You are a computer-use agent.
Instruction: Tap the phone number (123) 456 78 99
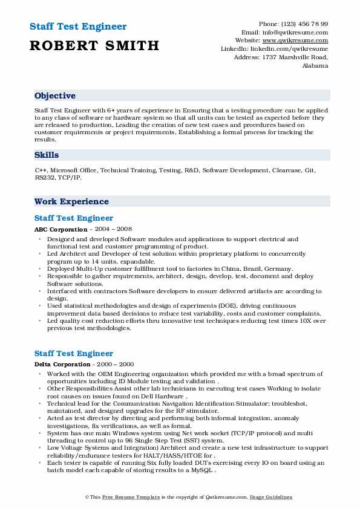[306, 24]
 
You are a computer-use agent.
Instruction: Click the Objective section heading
[55, 96]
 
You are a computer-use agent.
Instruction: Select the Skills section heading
[47, 155]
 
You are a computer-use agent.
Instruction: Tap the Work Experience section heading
[71, 201]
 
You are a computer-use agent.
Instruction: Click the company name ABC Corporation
[61, 230]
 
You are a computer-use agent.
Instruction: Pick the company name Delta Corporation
[63, 365]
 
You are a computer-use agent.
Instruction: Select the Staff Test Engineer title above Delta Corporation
[74, 353]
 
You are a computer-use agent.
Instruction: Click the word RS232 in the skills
[45, 178]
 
